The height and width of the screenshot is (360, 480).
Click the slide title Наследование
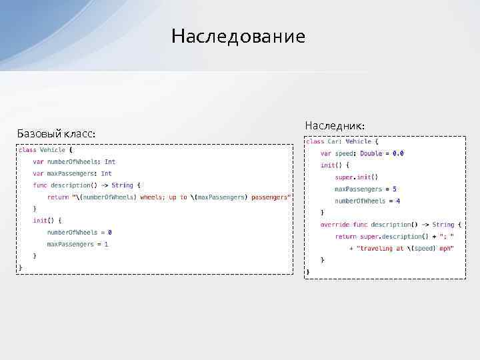238,36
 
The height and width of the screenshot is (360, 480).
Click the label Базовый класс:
56,134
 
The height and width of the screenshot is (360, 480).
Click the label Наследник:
335,125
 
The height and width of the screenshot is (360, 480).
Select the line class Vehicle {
46,150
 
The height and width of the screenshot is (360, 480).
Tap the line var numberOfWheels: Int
74,161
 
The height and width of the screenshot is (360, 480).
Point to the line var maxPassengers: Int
73,173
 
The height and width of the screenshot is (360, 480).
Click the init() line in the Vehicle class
47,221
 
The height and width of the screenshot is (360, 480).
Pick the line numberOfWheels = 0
79,233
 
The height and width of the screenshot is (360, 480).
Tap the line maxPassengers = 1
77,245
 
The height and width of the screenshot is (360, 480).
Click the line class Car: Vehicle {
342,141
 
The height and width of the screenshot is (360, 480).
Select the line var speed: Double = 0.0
362,153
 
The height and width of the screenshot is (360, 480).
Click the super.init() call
356,177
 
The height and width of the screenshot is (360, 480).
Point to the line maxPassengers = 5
365,189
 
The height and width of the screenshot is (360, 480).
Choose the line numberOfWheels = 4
367,201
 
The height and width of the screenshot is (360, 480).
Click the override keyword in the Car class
335,225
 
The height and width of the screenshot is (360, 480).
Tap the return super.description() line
395,237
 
